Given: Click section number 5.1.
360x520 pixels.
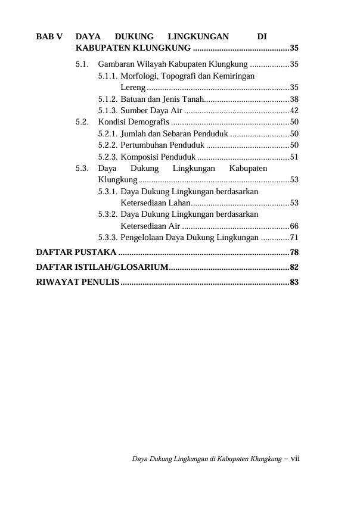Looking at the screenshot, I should click(83, 63).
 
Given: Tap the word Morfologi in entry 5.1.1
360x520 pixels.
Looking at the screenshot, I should click(139, 76).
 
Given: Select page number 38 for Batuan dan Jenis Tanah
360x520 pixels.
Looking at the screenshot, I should click(294, 99).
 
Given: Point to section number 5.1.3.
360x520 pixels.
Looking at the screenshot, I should click(108, 110).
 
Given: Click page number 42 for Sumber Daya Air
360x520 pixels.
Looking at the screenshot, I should click(294, 110).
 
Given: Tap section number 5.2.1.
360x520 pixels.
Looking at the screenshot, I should click(108, 133).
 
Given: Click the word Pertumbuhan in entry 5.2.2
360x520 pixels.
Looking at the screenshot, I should click(143, 145).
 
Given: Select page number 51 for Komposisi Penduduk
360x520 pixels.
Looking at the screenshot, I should click(294, 157).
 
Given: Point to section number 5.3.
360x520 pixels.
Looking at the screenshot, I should click(83, 168).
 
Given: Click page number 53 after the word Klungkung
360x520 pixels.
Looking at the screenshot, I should click(294, 179).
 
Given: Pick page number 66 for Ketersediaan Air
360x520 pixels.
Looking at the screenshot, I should click(294, 226).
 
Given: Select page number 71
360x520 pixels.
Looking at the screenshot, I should click(294, 238).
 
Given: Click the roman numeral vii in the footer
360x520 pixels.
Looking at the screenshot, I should click(294, 459).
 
